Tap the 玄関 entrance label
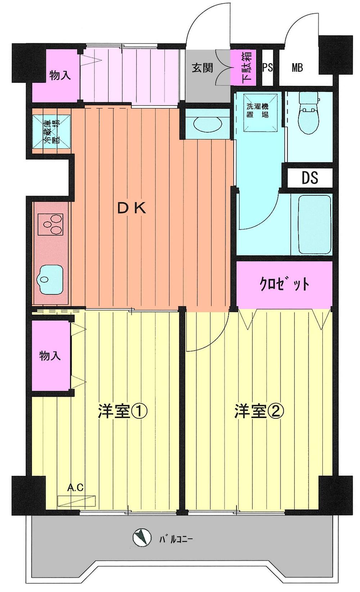(x=202, y=67)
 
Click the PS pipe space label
(x=267, y=67)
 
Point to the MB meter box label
(x=297, y=67)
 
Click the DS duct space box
(x=310, y=177)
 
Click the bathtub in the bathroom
(x=315, y=225)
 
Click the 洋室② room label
(x=259, y=411)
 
